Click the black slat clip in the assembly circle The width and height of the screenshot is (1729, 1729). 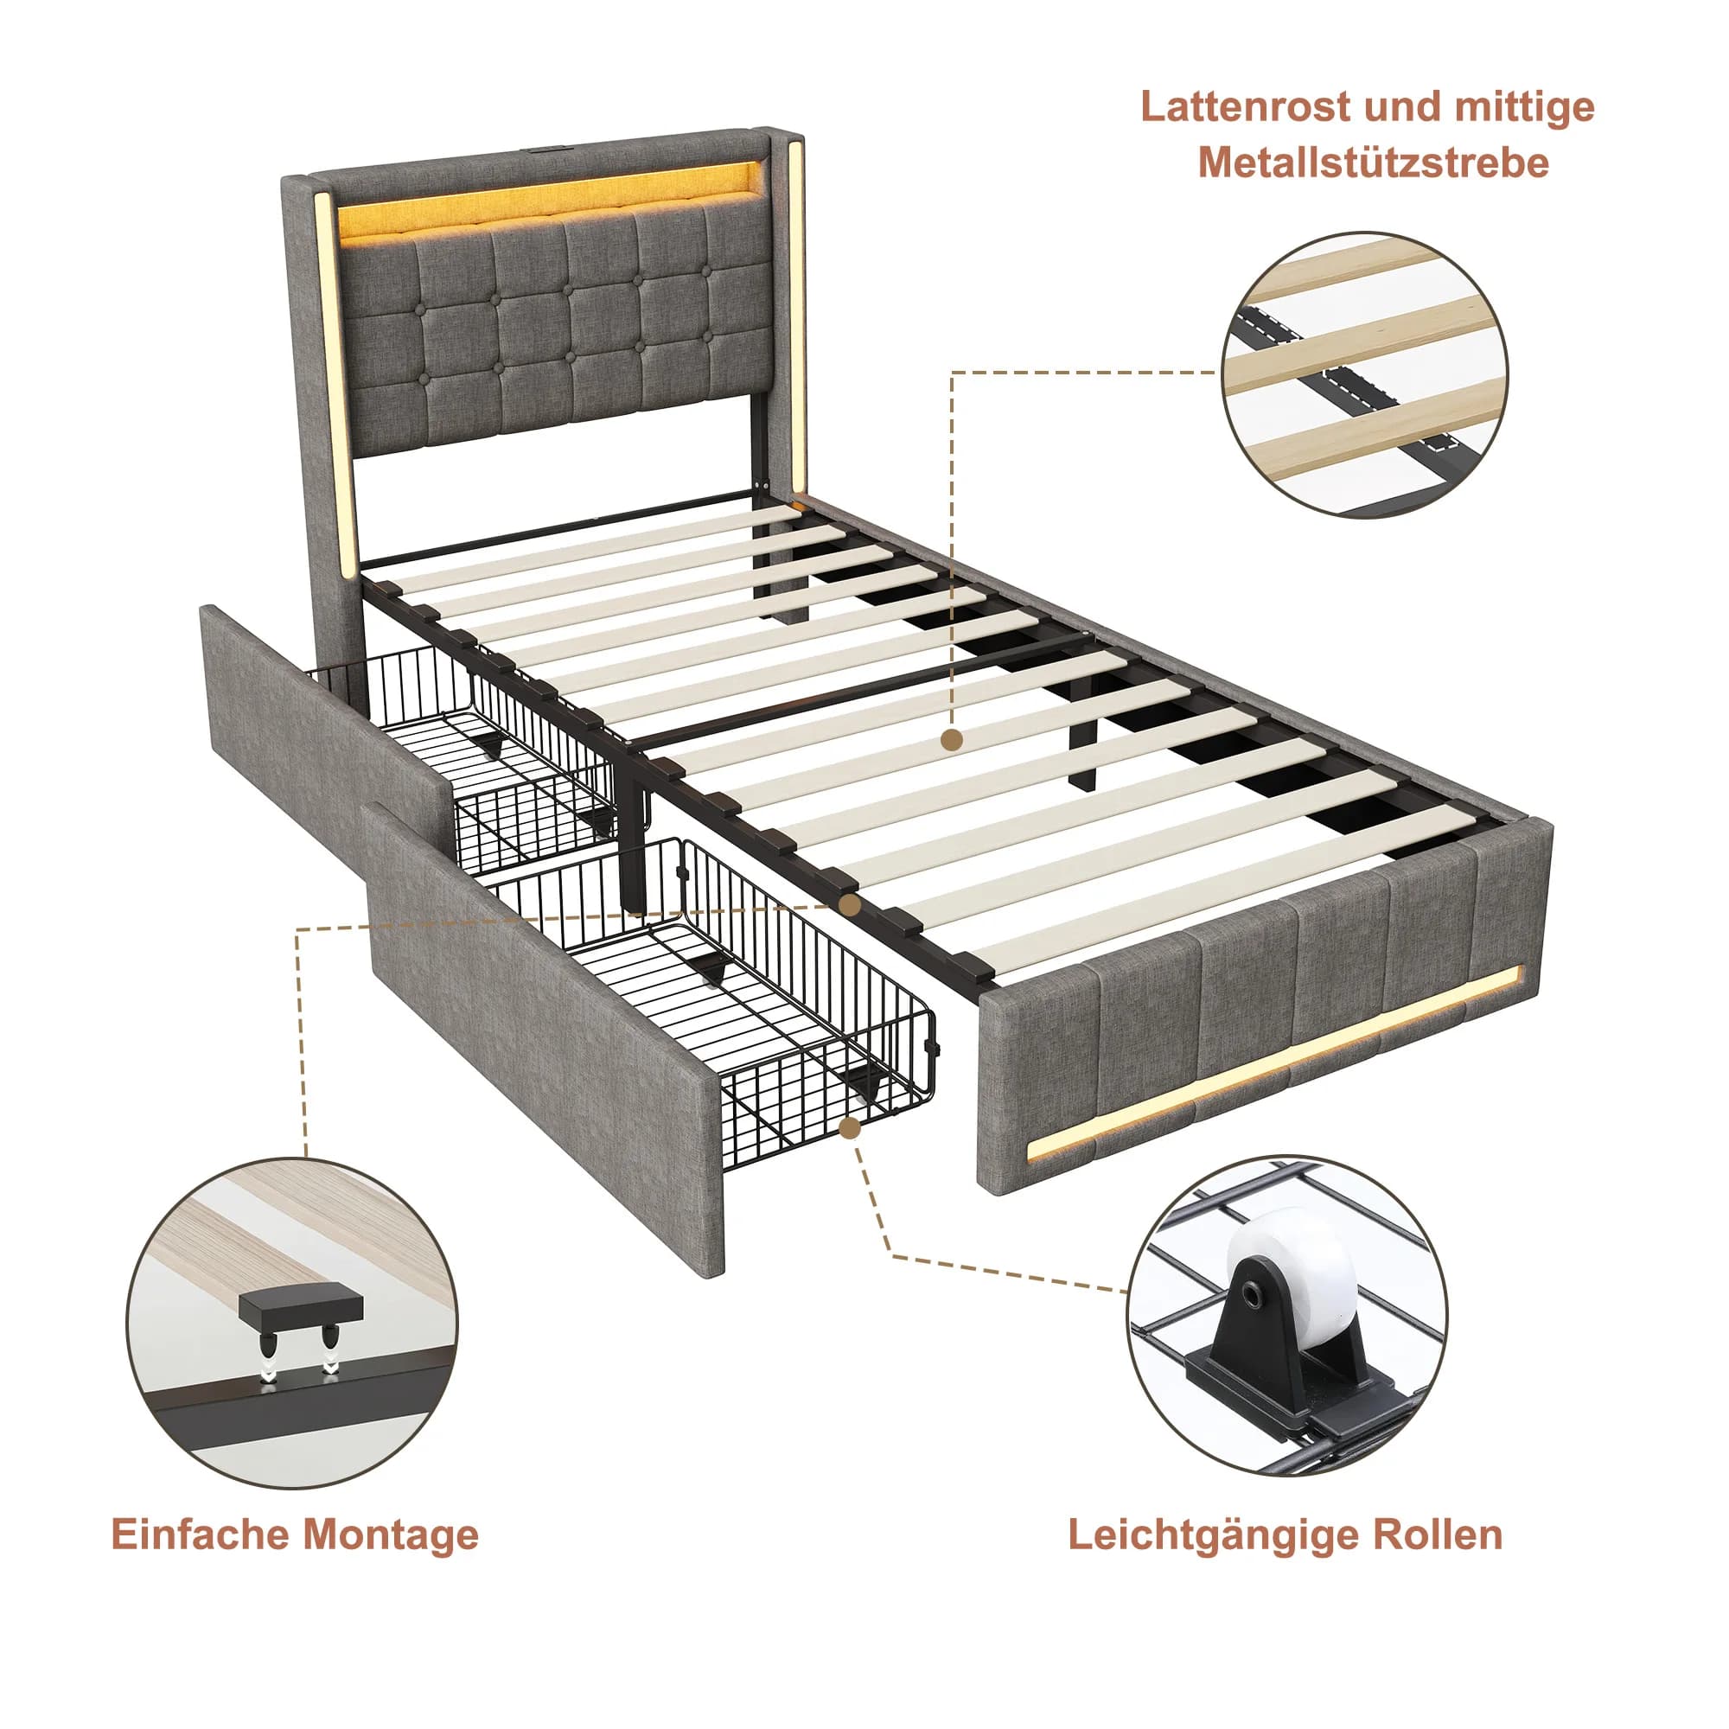tap(300, 1315)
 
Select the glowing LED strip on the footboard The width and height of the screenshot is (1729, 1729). tap(1276, 1062)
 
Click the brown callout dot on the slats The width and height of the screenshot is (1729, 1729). tap(952, 740)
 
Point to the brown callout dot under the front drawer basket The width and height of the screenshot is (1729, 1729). tap(851, 1129)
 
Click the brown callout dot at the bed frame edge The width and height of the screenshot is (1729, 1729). tap(850, 905)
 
